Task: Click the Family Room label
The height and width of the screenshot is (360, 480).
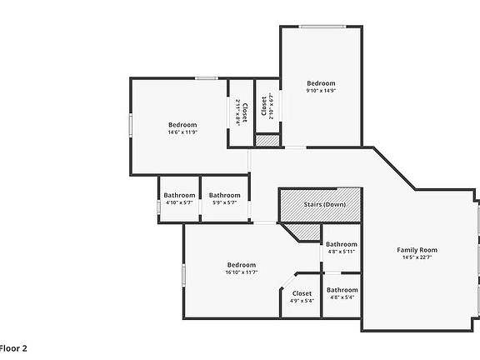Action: pyautogui.click(x=417, y=250)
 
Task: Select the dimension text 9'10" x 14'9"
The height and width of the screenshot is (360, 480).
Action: pyautogui.click(x=321, y=91)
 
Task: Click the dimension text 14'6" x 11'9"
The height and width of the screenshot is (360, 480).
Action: pyautogui.click(x=182, y=132)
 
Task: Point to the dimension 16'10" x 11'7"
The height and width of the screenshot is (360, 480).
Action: pyautogui.click(x=241, y=272)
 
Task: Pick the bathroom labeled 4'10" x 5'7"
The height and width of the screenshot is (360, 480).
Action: pyautogui.click(x=179, y=199)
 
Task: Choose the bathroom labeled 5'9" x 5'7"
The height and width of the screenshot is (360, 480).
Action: pyautogui.click(x=224, y=199)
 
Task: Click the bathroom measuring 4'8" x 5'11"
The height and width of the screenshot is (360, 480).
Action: pyautogui.click(x=342, y=247)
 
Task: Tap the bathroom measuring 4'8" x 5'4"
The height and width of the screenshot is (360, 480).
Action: pyautogui.click(x=342, y=293)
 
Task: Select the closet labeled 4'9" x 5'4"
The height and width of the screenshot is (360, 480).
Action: pyautogui.click(x=302, y=297)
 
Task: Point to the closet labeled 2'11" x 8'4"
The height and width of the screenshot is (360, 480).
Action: pyautogui.click(x=241, y=112)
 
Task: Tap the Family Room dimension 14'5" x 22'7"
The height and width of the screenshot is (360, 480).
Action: pyautogui.click(x=417, y=257)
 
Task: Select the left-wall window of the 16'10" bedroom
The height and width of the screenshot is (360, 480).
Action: pyautogui.click(x=184, y=274)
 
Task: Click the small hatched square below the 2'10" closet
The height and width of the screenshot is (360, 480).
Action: pyautogui.click(x=266, y=142)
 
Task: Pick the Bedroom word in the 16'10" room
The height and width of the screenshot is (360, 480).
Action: pyautogui.click(x=241, y=264)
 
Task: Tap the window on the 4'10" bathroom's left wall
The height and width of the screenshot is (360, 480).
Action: pyautogui.click(x=158, y=207)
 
